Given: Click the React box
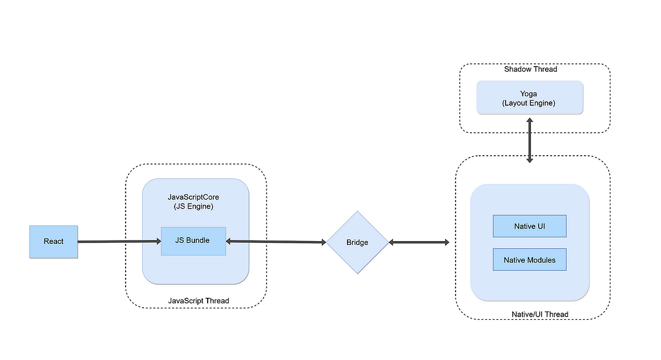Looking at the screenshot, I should click(x=53, y=242).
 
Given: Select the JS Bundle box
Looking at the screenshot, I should click(x=193, y=241).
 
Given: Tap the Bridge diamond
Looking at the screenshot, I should click(x=357, y=242).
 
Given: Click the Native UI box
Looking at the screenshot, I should click(x=529, y=226).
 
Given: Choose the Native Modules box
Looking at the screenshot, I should click(x=529, y=260).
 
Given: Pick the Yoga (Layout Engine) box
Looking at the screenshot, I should click(x=529, y=98).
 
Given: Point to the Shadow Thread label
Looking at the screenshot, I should click(x=530, y=69).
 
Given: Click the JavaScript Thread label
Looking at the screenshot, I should click(x=198, y=301).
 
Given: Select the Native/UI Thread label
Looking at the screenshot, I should click(x=539, y=314).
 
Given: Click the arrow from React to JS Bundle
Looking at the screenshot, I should click(x=118, y=242).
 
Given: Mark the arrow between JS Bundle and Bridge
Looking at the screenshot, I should click(x=275, y=242).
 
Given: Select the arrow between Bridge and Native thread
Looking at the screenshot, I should click(x=419, y=242).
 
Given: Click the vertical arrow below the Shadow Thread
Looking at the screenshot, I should click(x=529, y=140).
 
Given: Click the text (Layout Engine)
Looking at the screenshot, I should click(x=529, y=103).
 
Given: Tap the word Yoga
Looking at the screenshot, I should click(x=529, y=94).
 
